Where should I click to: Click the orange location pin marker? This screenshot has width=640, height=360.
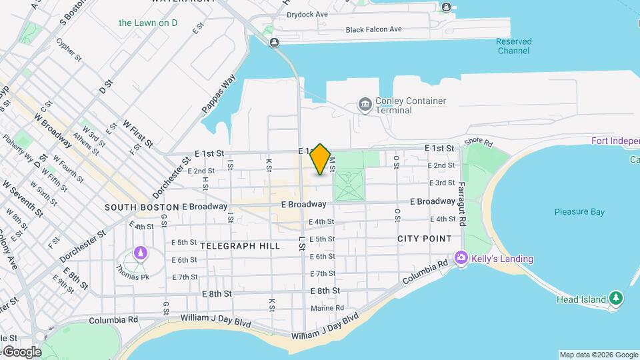pyautogui.click(x=321, y=159)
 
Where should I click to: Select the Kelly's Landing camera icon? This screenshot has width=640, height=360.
pyautogui.click(x=461, y=258)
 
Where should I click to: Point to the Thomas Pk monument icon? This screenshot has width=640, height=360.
pyautogui.click(x=140, y=253)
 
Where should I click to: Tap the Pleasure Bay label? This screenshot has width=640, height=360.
pyautogui.click(x=579, y=212)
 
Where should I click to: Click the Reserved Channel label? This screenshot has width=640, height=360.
pyautogui.click(x=513, y=46)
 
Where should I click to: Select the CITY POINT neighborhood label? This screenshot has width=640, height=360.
pyautogui.click(x=424, y=239)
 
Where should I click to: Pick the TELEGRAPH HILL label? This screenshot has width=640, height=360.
pyautogui.click(x=239, y=246)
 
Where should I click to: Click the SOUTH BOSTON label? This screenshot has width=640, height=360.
pyautogui.click(x=141, y=207)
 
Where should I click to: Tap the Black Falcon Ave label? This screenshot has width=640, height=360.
pyautogui.click(x=373, y=29)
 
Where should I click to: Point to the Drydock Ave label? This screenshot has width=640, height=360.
pyautogui.click(x=307, y=14)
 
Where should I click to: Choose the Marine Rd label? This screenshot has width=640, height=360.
pyautogui.click(x=327, y=308)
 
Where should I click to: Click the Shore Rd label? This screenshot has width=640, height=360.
pyautogui.click(x=478, y=142)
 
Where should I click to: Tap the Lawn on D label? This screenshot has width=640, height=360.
pyautogui.click(x=148, y=23)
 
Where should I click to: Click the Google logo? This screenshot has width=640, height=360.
pyautogui.click(x=21, y=351)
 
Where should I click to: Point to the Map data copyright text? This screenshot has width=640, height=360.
pyautogui.click(x=599, y=355)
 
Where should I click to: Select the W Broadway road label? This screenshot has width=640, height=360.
pyautogui.click(x=53, y=129)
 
